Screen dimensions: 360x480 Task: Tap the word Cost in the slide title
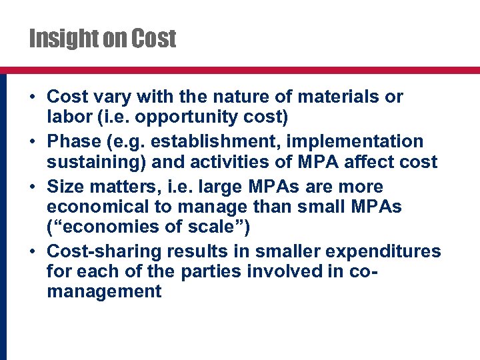[154, 39]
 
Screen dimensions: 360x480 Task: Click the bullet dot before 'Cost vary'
[33, 97]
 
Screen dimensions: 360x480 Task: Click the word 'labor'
[67, 117]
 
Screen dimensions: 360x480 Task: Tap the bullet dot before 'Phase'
[33, 142]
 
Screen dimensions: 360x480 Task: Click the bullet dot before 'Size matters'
[33, 187]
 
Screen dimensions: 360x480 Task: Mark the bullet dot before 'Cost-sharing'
[33, 251]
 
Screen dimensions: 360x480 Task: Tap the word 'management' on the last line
[105, 291]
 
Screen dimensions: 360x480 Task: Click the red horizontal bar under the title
[240, 69]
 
